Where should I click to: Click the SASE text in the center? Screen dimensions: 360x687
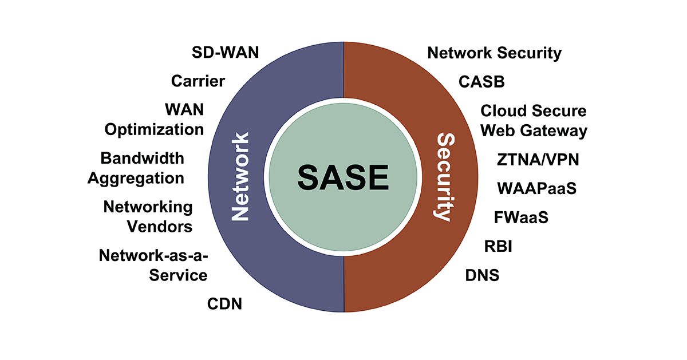pos(343,178)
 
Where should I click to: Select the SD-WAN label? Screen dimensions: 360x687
pos(225,53)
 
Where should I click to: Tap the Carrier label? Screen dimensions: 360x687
pos(198,81)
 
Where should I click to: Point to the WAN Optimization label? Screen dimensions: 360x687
pos(154,119)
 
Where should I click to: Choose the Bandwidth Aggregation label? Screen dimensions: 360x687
pos(136,168)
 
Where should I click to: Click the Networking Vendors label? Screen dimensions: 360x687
pos(148,216)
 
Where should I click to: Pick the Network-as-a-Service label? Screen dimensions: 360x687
pos(153,265)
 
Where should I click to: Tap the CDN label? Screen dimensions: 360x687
pos(224,304)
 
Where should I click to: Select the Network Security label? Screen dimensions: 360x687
pos(495,53)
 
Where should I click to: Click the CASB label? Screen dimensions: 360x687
pos(482,82)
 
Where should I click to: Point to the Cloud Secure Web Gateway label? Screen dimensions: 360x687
pos(534,120)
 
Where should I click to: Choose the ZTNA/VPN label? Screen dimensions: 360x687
pos(538,159)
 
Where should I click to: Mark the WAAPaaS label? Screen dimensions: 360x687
pos(536,188)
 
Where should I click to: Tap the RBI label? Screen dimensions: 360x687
pos(498,247)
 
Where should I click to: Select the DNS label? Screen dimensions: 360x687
pos(482,275)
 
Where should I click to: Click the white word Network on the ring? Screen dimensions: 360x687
pos(240,177)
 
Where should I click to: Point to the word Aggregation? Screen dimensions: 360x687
pos(136,178)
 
